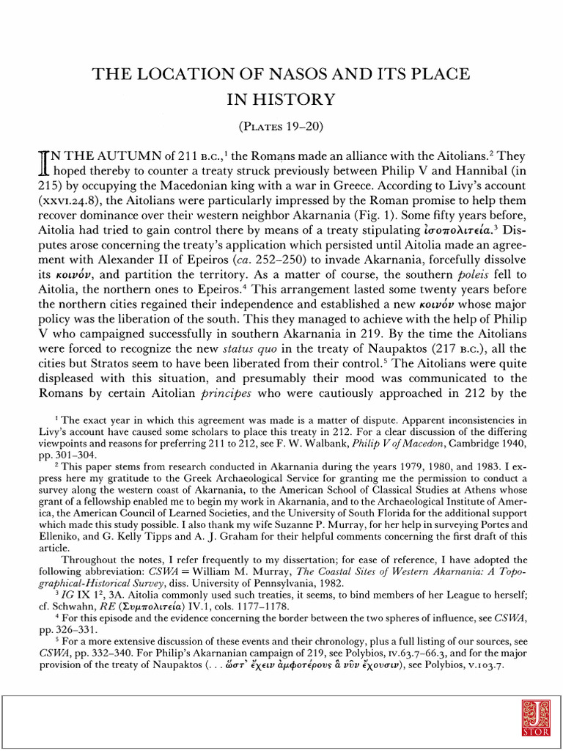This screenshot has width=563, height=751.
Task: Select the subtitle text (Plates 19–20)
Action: point(281,125)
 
